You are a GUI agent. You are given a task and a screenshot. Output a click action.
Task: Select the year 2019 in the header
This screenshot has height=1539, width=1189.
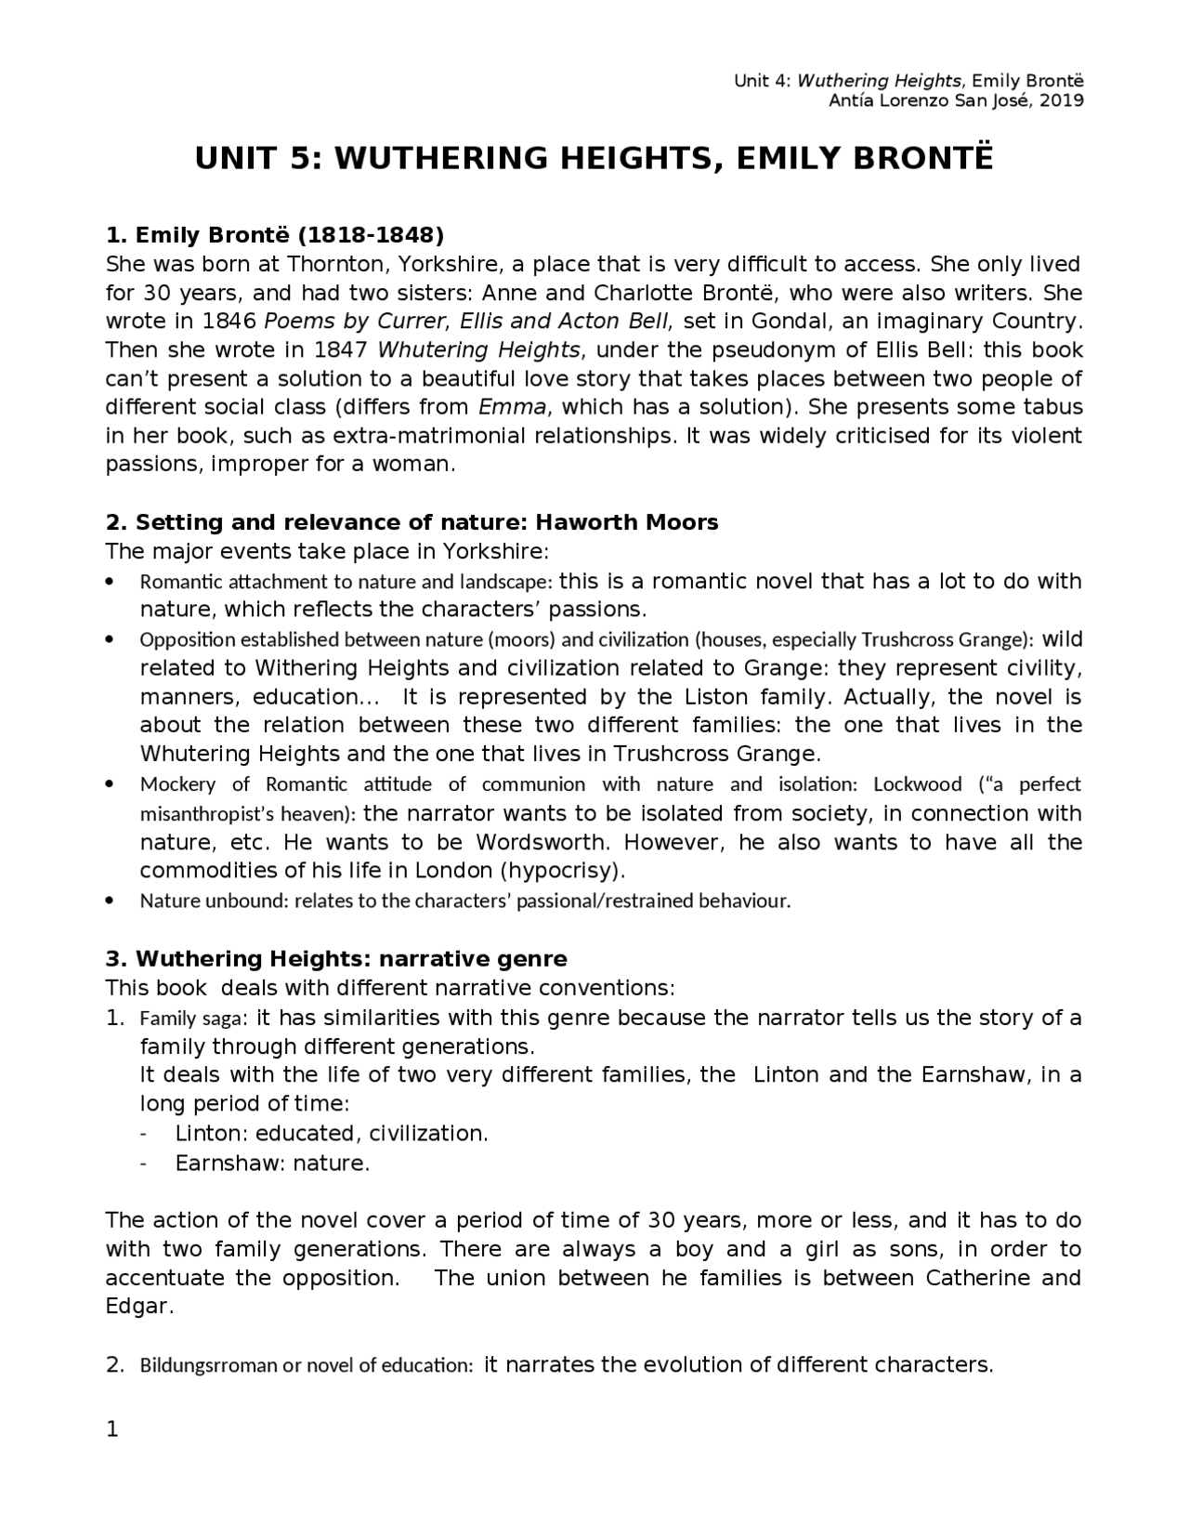(x=1061, y=101)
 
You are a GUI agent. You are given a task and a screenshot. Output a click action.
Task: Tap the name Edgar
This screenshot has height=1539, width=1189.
(x=137, y=1307)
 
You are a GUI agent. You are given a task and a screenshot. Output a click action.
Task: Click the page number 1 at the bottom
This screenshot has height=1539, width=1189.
(x=112, y=1430)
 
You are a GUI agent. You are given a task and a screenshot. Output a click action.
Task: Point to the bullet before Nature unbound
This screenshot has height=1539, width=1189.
(x=111, y=901)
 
